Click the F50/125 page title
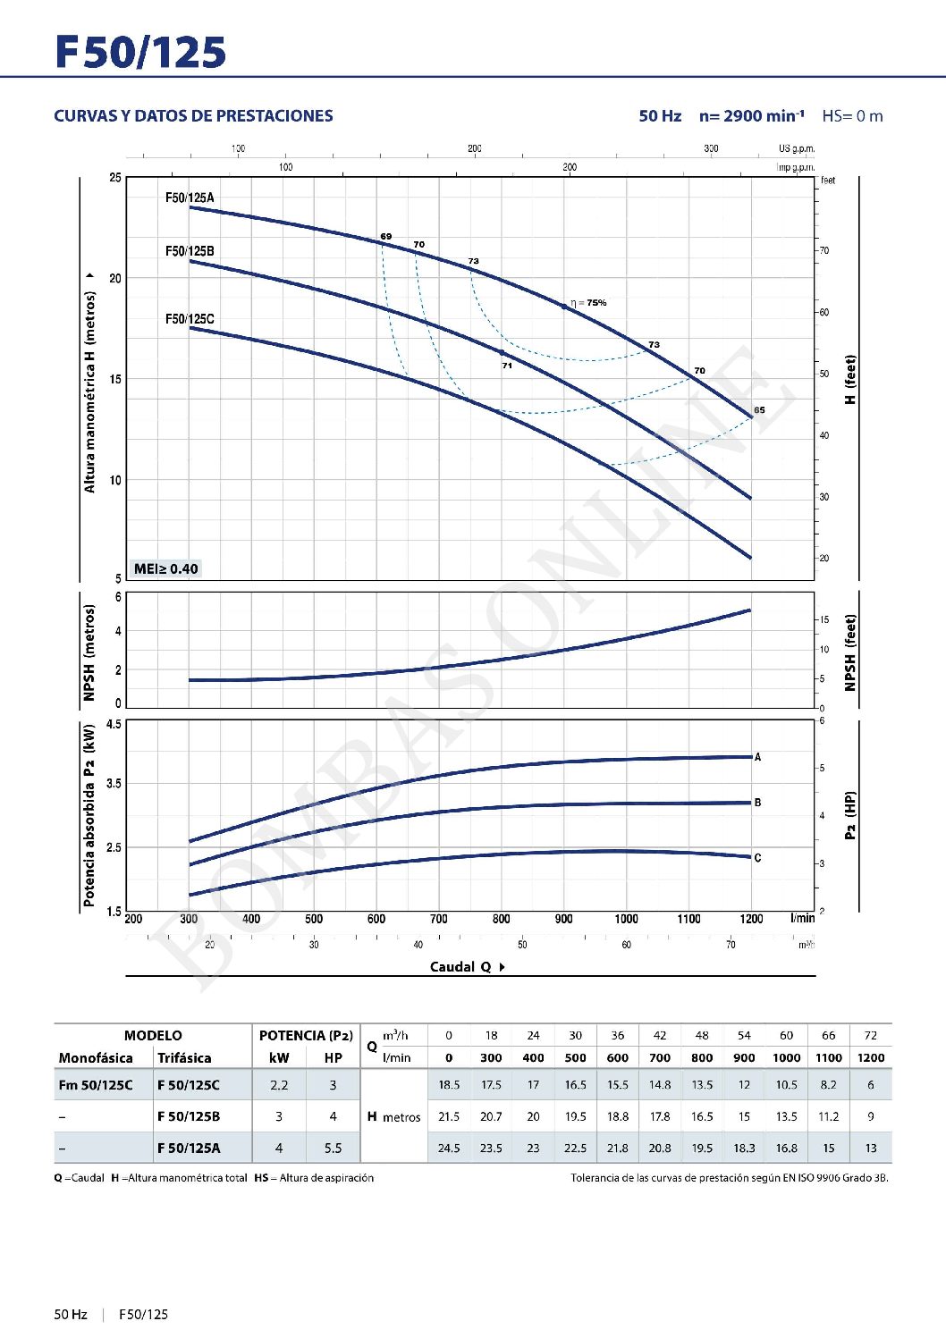(x=140, y=52)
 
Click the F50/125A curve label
(x=190, y=198)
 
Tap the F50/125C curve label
(x=190, y=319)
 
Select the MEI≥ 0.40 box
(x=165, y=568)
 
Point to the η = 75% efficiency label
(x=588, y=303)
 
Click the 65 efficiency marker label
(x=759, y=410)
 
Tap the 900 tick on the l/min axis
(x=563, y=919)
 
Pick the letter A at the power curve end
(x=757, y=757)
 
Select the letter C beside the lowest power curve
(x=757, y=858)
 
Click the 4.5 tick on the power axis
(x=114, y=724)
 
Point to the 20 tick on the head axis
(x=115, y=278)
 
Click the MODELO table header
(x=153, y=1035)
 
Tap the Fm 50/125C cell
(x=96, y=1085)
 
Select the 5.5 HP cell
(x=333, y=1149)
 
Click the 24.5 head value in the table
(x=449, y=1149)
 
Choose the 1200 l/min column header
(x=870, y=1057)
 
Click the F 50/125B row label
(x=189, y=1116)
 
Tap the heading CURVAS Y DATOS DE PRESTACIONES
(x=193, y=116)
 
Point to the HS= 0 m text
(x=852, y=116)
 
